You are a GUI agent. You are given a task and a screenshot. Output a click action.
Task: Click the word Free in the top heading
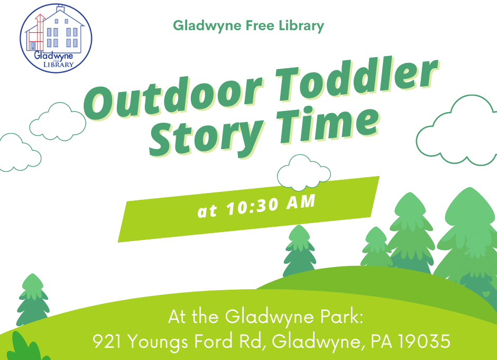[x=260, y=25]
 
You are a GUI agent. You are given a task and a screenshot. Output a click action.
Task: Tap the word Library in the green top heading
[x=301, y=26]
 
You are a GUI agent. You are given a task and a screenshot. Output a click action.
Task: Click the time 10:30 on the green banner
[x=252, y=207]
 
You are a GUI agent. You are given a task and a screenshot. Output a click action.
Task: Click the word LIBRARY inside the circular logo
[x=58, y=64]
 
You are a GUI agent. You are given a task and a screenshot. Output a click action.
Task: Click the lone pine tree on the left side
[x=33, y=300]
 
